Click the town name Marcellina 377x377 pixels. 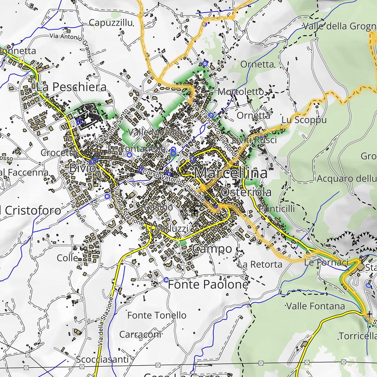(x=231, y=173)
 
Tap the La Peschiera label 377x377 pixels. (x=71, y=87)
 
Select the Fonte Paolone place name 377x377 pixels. (x=208, y=285)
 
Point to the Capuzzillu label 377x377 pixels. (x=111, y=23)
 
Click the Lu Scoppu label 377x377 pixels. (x=304, y=120)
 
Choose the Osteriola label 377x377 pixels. (x=246, y=192)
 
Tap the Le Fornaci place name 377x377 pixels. (x=326, y=263)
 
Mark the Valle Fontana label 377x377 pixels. (x=316, y=306)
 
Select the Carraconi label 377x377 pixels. (x=140, y=335)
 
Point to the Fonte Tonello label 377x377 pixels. (x=157, y=315)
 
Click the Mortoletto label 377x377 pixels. (x=241, y=91)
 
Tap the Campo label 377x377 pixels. (x=212, y=249)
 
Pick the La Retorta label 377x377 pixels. (x=260, y=264)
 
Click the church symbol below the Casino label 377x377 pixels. (x=195, y=212)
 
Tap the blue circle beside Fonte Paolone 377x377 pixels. (x=166, y=280)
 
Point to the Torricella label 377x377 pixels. (x=357, y=336)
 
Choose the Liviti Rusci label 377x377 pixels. (x=254, y=140)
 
